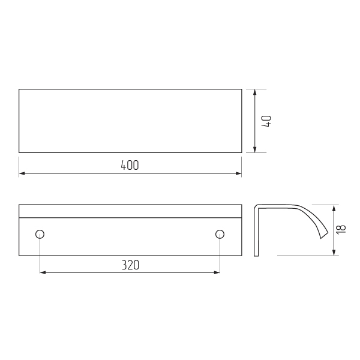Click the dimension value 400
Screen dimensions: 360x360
click(130, 166)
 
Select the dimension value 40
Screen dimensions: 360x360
click(266, 121)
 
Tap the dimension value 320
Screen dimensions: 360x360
click(130, 265)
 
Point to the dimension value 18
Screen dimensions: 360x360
click(341, 229)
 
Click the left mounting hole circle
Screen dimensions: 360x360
click(40, 234)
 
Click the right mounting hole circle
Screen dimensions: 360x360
click(220, 234)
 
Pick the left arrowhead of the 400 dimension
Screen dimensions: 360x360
click(22, 173)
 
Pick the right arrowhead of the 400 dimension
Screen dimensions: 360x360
click(239, 173)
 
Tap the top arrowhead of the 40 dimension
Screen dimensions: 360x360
click(254, 92)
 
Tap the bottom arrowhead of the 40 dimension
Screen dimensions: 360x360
click(254, 149)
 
